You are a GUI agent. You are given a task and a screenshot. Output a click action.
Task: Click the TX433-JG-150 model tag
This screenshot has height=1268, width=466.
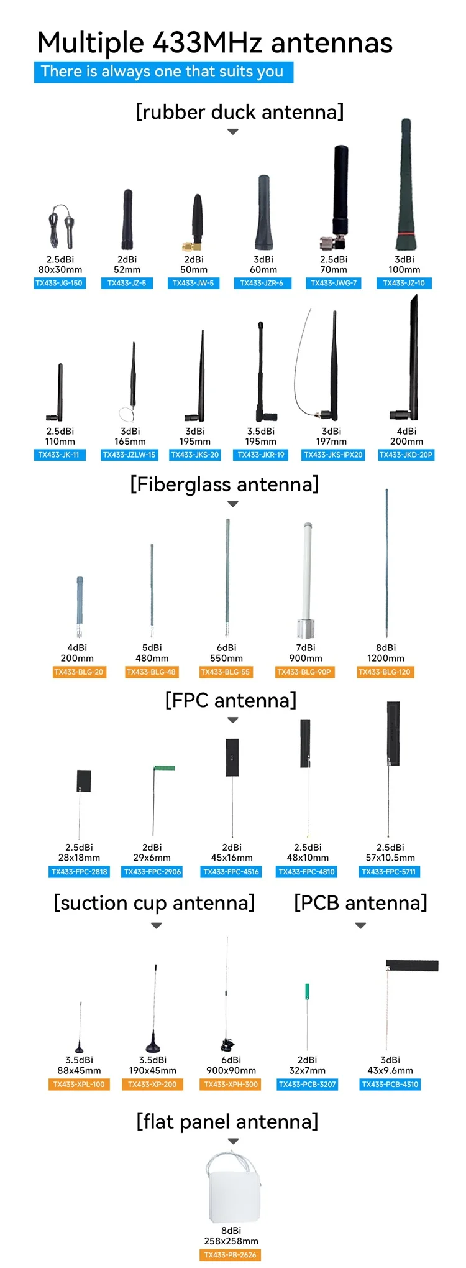pyautogui.click(x=59, y=283)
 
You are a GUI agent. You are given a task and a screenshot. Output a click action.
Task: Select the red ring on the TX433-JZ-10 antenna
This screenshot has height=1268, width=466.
pyautogui.click(x=405, y=234)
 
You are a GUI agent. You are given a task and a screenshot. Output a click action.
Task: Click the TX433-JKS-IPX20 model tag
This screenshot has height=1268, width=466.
pyautogui.click(x=333, y=455)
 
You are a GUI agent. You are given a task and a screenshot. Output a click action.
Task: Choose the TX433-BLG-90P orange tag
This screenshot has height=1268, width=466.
pyautogui.click(x=304, y=672)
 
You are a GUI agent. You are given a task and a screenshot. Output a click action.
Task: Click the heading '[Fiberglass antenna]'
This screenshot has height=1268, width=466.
pyautogui.click(x=224, y=484)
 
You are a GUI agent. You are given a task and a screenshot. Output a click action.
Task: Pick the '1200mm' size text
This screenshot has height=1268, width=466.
pyautogui.click(x=385, y=658)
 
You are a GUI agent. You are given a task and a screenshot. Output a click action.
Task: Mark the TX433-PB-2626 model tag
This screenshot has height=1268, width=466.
pyautogui.click(x=230, y=1255)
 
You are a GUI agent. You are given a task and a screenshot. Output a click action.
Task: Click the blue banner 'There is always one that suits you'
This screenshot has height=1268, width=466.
pyautogui.click(x=163, y=72)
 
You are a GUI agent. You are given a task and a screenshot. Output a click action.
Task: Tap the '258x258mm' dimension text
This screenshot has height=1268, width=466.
pyautogui.click(x=231, y=1241)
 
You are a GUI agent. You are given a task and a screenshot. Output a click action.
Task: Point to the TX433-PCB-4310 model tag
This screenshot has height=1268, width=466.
pyautogui.click(x=390, y=1084)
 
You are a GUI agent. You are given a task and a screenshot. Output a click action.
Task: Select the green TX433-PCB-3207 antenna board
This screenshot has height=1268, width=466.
pyautogui.click(x=307, y=991)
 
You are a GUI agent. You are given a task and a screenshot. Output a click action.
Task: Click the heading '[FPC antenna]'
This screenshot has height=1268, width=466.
pyautogui.click(x=231, y=700)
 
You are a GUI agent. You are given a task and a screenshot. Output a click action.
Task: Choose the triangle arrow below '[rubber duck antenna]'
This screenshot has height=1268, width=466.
pyautogui.click(x=233, y=132)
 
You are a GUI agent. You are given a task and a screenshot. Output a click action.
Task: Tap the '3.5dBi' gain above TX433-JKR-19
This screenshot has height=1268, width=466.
pyautogui.click(x=261, y=431)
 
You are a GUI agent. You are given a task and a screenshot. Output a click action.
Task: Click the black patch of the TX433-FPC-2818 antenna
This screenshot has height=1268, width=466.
pyautogui.click(x=84, y=780)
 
